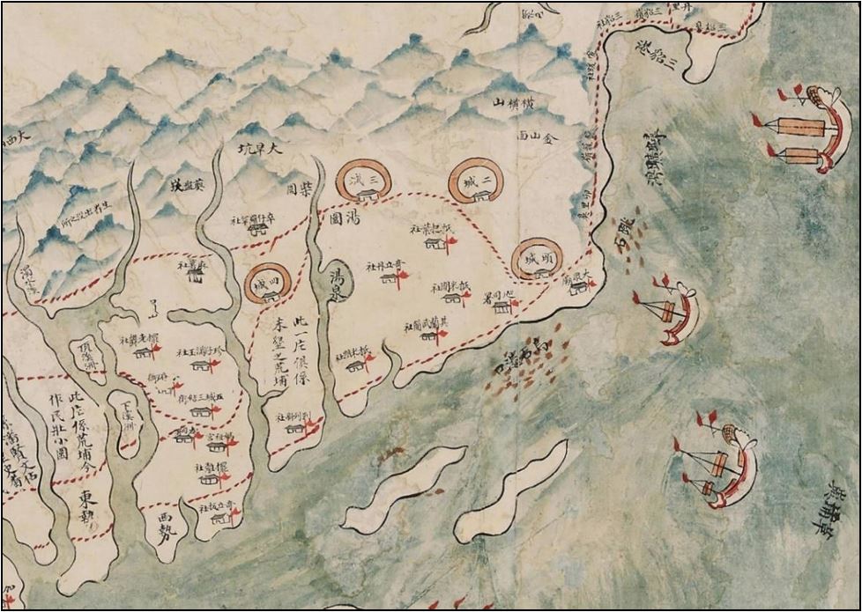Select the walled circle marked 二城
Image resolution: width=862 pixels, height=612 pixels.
pyautogui.click(x=476, y=182)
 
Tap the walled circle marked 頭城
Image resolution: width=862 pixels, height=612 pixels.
pyautogui.click(x=537, y=260)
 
